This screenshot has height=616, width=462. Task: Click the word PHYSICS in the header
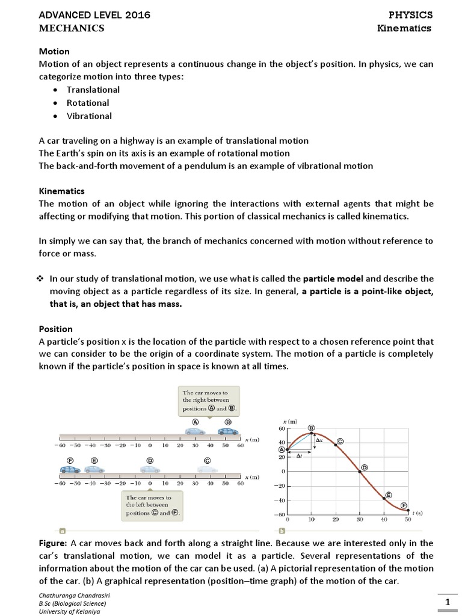coord(411,14)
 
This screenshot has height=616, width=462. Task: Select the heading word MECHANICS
coord(72,28)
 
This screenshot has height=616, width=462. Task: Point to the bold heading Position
coord(55,329)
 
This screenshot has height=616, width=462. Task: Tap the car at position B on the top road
coord(227,431)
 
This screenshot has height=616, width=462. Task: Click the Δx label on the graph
coord(319,441)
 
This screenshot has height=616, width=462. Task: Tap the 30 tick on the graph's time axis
coord(360,519)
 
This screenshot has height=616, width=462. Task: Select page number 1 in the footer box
coord(447,602)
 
